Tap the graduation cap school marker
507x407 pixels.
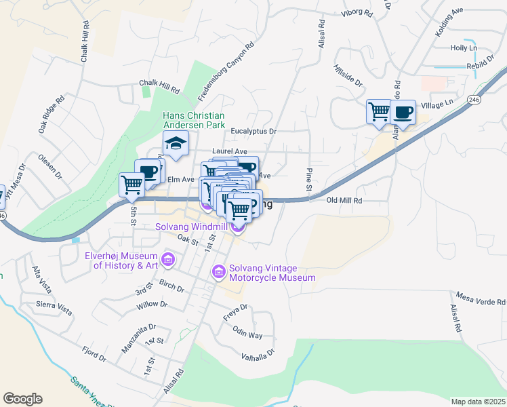click(176, 144)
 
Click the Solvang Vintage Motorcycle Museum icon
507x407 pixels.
click(218, 272)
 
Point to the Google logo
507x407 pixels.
click(22, 398)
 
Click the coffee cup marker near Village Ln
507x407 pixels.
click(403, 112)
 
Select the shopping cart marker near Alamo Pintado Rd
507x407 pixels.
click(379, 111)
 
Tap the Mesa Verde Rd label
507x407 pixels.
click(481, 301)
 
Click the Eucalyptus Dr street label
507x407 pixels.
click(254, 132)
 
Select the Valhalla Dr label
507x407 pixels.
click(258, 354)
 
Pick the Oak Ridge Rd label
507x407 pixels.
click(51, 114)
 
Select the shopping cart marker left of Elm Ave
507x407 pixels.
click(131, 185)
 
